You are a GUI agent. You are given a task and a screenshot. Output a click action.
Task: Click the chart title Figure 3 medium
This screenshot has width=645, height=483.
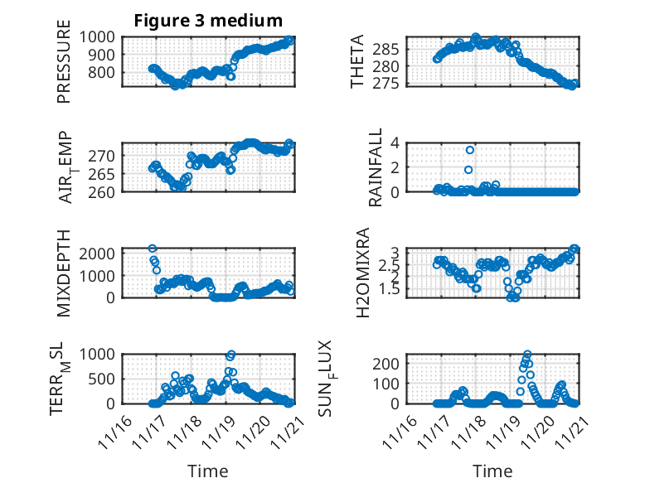tap(208, 20)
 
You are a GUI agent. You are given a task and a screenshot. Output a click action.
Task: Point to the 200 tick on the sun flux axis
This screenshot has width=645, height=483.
tap(391, 363)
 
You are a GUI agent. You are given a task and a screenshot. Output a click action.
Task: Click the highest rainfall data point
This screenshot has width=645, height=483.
tap(469, 150)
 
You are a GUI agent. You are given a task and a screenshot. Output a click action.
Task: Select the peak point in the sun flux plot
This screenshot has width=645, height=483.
tap(527, 354)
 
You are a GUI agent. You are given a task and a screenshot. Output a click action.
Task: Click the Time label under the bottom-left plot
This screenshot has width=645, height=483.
tap(208, 471)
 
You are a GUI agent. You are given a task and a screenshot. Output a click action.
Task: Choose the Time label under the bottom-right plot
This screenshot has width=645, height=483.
tap(492, 471)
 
